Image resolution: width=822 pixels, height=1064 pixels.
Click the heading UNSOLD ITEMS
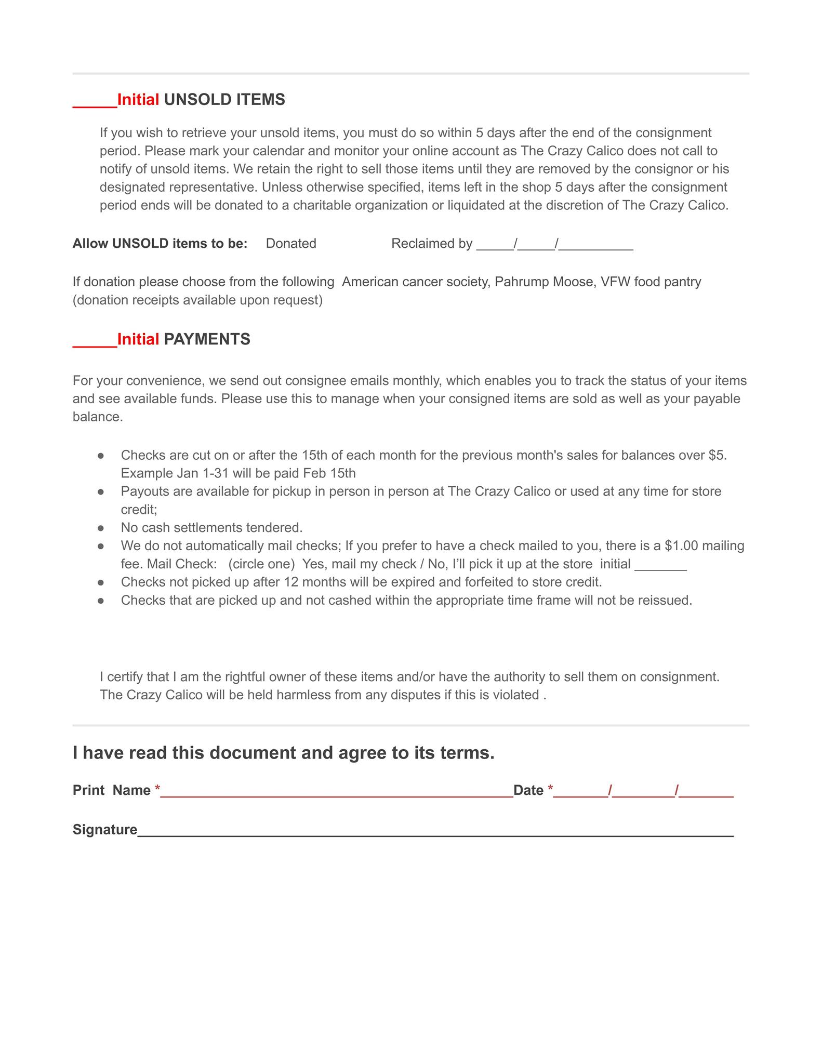(224, 99)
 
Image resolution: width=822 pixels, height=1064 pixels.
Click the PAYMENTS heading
(207, 339)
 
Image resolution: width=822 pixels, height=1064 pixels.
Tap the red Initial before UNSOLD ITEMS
(138, 99)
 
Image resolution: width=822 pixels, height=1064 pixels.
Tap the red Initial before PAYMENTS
(138, 339)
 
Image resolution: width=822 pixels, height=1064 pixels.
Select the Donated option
(291, 244)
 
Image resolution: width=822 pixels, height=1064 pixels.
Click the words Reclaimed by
(432, 244)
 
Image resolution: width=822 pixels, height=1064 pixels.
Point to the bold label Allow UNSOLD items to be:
(160, 244)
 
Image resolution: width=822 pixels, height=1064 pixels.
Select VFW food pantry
(651, 282)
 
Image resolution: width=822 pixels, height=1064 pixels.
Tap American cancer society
(415, 282)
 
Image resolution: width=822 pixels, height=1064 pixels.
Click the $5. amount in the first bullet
(717, 455)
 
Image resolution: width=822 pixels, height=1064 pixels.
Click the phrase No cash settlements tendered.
(211, 528)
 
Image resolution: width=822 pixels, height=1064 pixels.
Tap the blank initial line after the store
(661, 566)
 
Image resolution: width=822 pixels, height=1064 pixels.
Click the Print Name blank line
(337, 792)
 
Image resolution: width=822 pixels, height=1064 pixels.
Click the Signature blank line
(435, 832)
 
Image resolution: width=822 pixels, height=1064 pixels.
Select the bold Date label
(528, 790)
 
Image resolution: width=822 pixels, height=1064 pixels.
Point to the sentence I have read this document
(283, 753)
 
